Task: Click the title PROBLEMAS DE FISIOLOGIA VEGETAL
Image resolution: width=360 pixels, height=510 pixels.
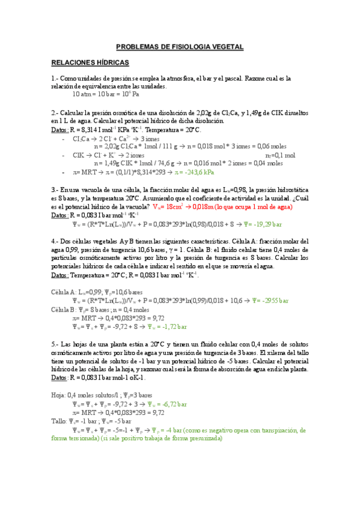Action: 180,46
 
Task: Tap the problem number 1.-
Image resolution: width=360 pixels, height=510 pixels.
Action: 55,78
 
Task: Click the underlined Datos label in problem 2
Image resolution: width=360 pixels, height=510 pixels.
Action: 59,129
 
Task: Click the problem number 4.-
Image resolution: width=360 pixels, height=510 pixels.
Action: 55,241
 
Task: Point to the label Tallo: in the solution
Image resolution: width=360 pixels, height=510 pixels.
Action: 61,422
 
